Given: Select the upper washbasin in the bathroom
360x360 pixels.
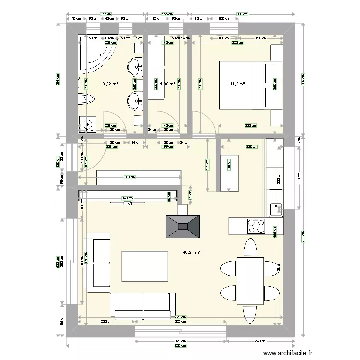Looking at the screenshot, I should (136, 66).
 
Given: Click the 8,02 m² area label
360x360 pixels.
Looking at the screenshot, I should (110, 84).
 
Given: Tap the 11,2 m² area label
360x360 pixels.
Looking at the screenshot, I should (238, 84).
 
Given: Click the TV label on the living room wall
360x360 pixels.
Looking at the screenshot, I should (128, 204).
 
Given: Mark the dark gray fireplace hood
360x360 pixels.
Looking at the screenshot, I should (182, 227).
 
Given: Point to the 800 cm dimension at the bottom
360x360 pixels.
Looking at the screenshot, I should (180, 346).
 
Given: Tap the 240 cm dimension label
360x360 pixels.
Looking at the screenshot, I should (260, 341).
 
